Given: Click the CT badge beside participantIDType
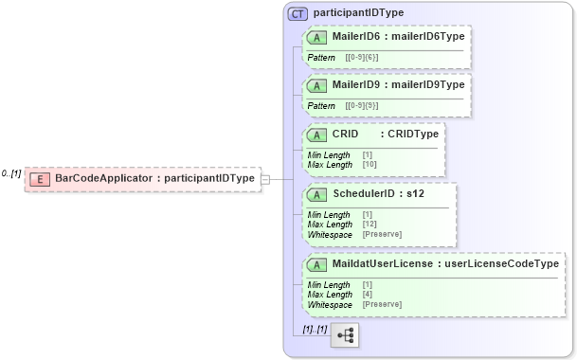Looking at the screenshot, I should pyautogui.click(x=298, y=13).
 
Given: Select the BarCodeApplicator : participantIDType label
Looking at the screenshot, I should pyautogui.click(x=154, y=178).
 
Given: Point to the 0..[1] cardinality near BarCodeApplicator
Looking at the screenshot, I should pyautogui.click(x=10, y=173).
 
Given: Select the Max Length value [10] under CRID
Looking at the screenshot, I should pyautogui.click(x=369, y=165).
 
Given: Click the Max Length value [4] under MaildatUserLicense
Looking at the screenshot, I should pyautogui.click(x=368, y=295).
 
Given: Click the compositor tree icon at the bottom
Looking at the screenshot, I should pyautogui.click(x=345, y=335).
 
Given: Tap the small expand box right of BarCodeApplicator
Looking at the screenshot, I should pyautogui.click(x=265, y=178).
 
